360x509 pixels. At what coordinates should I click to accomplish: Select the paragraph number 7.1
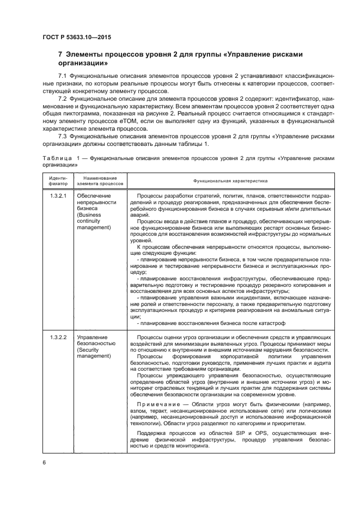(63, 74)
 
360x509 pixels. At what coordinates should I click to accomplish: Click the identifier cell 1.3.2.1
(58, 195)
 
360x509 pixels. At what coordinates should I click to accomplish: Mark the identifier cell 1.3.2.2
(58, 338)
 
